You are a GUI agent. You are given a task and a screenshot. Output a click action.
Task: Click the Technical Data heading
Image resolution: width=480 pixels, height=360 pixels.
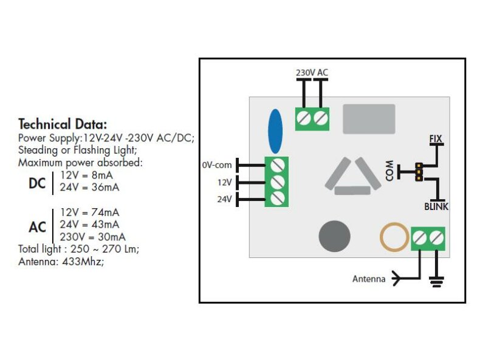tap(63, 123)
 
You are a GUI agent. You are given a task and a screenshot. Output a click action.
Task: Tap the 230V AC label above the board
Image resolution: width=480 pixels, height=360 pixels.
tap(312, 72)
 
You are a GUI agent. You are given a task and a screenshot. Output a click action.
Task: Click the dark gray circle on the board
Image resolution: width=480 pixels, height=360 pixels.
tap(335, 235)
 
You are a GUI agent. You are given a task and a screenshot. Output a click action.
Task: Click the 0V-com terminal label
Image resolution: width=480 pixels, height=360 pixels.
tap(217, 165)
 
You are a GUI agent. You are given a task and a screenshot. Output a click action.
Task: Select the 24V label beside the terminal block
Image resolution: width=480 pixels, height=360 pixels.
tap(225, 199)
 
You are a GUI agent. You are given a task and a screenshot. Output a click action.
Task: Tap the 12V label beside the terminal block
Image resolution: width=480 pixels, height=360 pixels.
tap(225, 182)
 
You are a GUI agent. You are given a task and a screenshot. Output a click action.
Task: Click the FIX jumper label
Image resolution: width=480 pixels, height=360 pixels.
tap(436, 138)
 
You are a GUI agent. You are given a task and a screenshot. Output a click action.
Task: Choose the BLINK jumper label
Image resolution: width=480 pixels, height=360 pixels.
tap(436, 206)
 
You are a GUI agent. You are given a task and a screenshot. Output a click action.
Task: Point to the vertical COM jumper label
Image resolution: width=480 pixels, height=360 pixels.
tap(389, 172)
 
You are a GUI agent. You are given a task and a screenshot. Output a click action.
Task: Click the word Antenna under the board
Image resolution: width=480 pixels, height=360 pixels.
tap(369, 279)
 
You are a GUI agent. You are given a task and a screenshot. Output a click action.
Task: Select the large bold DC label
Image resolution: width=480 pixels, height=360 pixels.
tap(37, 183)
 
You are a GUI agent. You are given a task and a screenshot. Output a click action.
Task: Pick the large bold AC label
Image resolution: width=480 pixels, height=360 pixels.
tap(37, 227)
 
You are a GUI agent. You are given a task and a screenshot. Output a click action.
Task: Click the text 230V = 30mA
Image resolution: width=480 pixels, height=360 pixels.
tap(93, 237)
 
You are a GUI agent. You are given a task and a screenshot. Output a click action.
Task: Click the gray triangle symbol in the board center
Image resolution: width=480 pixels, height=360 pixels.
tap(352, 177)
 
